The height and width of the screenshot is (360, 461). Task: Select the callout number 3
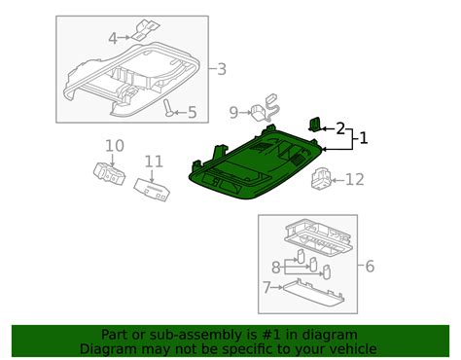[x=221, y=69]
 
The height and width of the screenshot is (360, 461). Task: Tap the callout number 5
[x=191, y=113]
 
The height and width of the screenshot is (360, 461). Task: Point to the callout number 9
[x=232, y=112]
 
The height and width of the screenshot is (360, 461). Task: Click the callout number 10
[x=115, y=146]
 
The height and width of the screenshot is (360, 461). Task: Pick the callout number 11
[x=154, y=162]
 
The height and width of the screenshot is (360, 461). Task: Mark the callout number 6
[x=369, y=266]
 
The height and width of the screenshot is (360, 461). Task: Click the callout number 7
[x=267, y=288]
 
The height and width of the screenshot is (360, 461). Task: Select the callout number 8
[x=277, y=266]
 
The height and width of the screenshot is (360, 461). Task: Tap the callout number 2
[x=340, y=127]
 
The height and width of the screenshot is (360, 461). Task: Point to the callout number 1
[x=363, y=139]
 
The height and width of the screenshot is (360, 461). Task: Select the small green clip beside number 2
[x=317, y=124]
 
